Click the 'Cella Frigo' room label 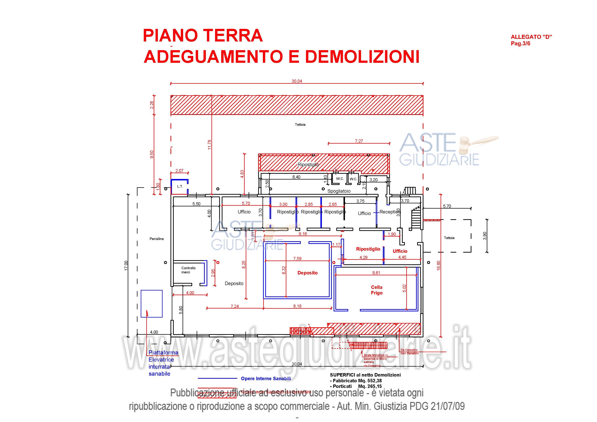pyautogui.click(x=377, y=290)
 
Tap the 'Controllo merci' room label pyautogui.click(x=188, y=270)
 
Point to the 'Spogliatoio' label pyautogui.click(x=339, y=191)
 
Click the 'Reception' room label pyautogui.click(x=389, y=212)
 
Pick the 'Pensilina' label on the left pyautogui.click(x=157, y=239)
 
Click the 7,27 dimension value pyautogui.click(x=359, y=141)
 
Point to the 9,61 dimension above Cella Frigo pyautogui.click(x=376, y=273)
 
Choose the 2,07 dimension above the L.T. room pyautogui.click(x=179, y=171)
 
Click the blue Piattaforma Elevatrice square pyautogui.click(x=152, y=303)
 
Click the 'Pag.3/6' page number pyautogui.click(x=520, y=43)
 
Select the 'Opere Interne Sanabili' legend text pyautogui.click(x=266, y=379)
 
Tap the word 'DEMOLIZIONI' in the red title pyautogui.click(x=362, y=56)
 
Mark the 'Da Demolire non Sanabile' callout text pyautogui.click(x=410, y=351)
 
